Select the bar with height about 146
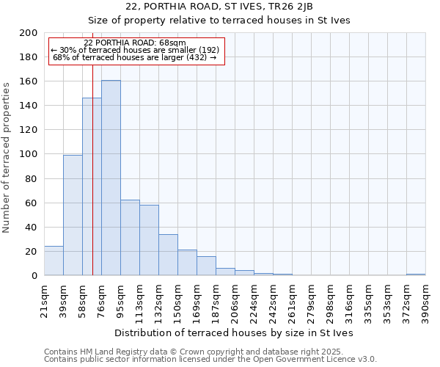point(92,186)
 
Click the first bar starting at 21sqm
point(54,261)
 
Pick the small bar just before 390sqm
point(416,275)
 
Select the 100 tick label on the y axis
point(29,154)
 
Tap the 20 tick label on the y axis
point(32,252)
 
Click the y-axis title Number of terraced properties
point(7,157)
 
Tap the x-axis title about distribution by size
point(234,333)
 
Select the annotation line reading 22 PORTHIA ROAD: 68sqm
point(135,43)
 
